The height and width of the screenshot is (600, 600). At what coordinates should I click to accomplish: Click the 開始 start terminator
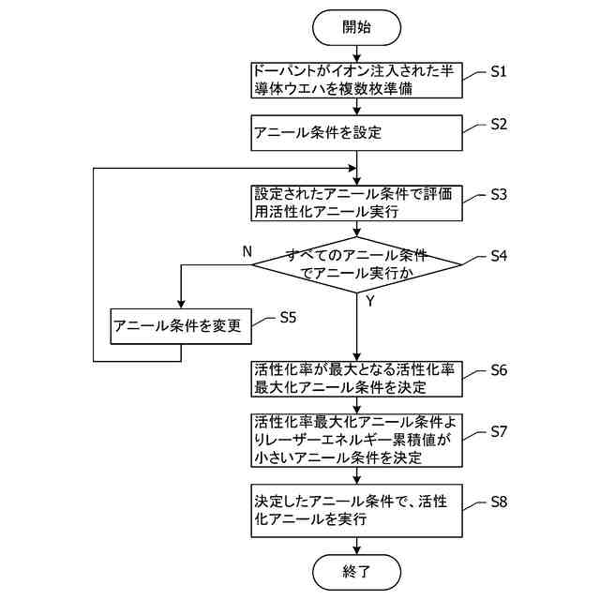click(x=356, y=27)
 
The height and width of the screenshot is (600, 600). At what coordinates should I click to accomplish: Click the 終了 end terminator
click(x=356, y=572)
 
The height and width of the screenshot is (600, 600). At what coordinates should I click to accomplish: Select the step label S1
click(x=499, y=71)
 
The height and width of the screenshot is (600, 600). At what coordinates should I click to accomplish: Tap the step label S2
click(x=499, y=125)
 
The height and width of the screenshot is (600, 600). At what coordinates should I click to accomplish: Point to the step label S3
click(x=499, y=195)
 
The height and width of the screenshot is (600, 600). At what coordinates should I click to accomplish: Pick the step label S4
click(x=499, y=256)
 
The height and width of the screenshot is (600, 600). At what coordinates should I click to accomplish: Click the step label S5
click(x=288, y=317)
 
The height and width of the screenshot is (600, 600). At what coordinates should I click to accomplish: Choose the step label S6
click(x=499, y=370)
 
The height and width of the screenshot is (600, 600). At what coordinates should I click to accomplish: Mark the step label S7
click(x=499, y=431)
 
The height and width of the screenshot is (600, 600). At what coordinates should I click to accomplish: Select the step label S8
click(x=499, y=502)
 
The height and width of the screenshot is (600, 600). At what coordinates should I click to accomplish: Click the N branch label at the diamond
click(x=247, y=252)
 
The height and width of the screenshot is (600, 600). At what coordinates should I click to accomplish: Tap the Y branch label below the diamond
click(x=370, y=302)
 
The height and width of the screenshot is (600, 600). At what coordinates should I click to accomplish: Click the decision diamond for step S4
click(x=356, y=264)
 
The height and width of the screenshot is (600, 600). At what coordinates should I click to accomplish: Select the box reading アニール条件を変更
click(x=181, y=326)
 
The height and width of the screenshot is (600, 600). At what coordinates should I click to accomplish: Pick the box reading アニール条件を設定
click(x=356, y=133)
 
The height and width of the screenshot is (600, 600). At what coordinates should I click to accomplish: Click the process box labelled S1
click(x=356, y=81)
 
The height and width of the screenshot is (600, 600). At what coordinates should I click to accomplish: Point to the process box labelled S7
click(x=356, y=440)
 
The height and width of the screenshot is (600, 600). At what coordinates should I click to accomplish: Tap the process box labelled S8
click(x=356, y=510)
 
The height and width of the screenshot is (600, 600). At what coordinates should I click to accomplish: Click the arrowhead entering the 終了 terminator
click(x=356, y=550)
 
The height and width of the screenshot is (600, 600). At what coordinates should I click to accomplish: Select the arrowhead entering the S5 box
click(x=181, y=304)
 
